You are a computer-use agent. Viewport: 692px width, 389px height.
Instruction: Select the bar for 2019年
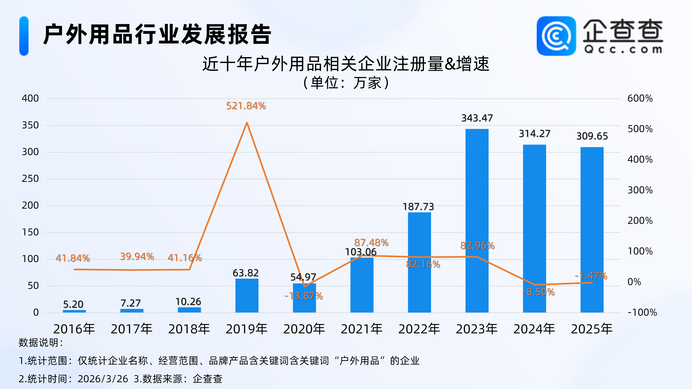[x=247, y=295]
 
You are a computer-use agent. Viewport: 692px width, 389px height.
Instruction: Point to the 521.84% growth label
[x=246, y=106]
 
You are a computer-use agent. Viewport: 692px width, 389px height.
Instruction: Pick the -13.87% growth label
[x=304, y=296]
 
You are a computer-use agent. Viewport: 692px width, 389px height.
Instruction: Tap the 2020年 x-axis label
[x=304, y=329]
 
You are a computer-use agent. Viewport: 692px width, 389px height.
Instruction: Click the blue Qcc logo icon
[x=556, y=36]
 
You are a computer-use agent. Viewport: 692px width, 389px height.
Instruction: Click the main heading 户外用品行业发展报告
[x=157, y=34]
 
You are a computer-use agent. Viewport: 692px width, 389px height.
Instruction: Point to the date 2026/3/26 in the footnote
[x=103, y=379]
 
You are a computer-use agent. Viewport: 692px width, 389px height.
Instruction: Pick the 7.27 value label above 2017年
[x=131, y=303]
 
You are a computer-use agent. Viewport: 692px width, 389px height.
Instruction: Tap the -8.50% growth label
[x=538, y=292]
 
